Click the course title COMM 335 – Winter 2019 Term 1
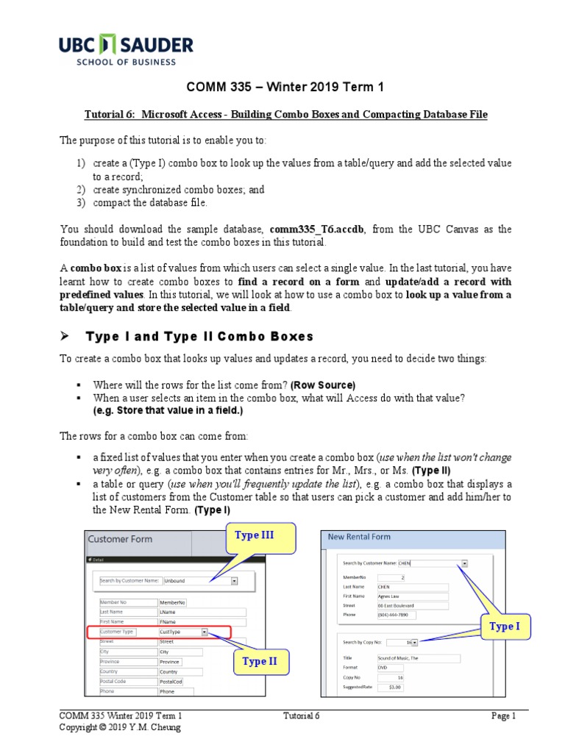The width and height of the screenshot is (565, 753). [x=282, y=88]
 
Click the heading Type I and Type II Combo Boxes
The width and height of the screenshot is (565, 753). [x=199, y=337]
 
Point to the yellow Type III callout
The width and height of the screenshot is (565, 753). [x=254, y=535]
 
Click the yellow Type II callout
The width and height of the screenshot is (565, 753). [x=260, y=661]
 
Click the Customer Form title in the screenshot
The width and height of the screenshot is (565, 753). [x=121, y=539]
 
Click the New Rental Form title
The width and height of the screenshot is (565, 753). [x=359, y=537]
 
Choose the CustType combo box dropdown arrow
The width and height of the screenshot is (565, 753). [x=205, y=631]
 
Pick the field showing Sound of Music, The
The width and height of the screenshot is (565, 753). [x=419, y=658]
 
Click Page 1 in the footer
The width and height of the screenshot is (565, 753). [x=504, y=715]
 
